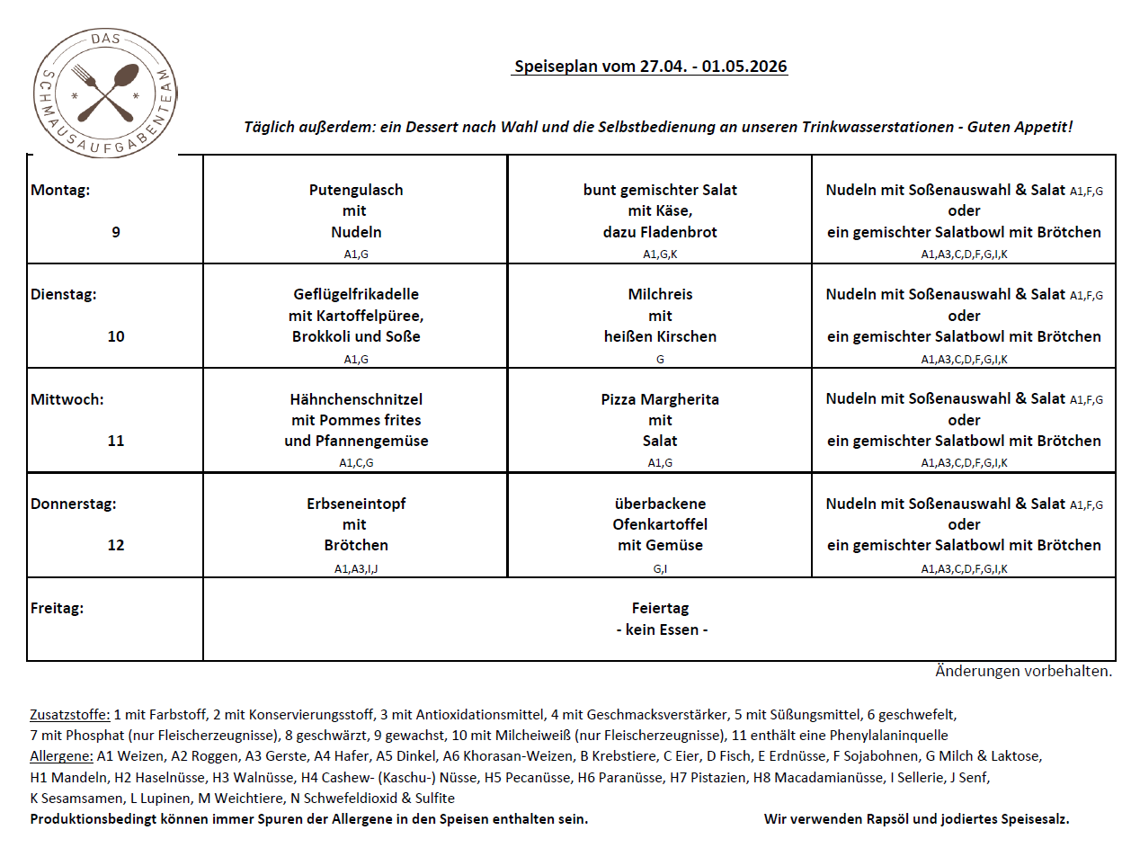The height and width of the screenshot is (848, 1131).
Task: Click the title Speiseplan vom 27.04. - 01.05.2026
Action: pos(650,67)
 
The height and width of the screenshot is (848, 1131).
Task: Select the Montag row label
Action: pos(60,190)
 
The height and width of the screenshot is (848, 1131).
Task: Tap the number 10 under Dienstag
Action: pos(116,336)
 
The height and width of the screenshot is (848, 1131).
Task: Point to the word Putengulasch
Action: pos(356,190)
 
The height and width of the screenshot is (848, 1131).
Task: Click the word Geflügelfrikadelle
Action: pos(356,294)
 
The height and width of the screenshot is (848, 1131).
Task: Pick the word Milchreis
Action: pos(660,294)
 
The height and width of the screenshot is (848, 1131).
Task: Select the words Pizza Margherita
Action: pos(660,399)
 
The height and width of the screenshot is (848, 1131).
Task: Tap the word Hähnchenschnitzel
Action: pos(356,399)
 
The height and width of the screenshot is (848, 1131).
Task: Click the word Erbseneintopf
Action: pos(356,504)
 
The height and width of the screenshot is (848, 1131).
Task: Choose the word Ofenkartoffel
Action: pos(660,524)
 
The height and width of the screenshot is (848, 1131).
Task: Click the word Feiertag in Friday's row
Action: pos(660,609)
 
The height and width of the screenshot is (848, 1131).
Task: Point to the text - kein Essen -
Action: pos(662,629)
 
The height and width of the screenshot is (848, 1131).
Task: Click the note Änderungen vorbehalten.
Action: pos(1024,671)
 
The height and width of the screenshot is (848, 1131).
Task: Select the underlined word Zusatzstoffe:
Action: pos(70,716)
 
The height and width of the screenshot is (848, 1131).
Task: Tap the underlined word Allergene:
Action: pos(62,756)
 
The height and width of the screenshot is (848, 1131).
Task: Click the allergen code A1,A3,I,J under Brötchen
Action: pos(356,568)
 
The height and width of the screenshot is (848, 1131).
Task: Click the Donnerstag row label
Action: pos(74,504)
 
